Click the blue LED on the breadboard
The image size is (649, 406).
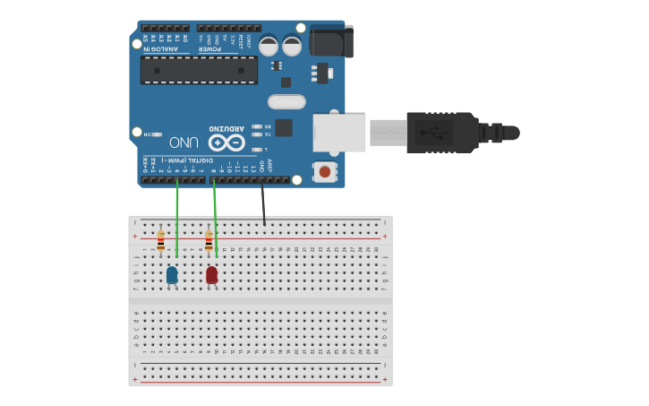pos(172,275)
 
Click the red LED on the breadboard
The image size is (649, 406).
pos(212,274)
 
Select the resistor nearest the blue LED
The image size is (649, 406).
pos(161,241)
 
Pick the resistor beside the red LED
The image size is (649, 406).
pos(209,241)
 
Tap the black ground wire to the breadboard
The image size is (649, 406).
pos(263,203)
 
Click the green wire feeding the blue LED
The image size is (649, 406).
pos(177,220)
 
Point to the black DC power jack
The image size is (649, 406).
pos(330,41)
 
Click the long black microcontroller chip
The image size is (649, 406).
pos(199,70)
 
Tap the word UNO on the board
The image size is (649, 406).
pos(183,143)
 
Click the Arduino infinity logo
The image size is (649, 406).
pos(226,143)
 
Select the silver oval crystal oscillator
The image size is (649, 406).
pos(286,102)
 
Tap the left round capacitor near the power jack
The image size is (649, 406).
pos(269,46)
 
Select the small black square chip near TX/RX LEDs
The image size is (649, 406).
pos(284,127)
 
